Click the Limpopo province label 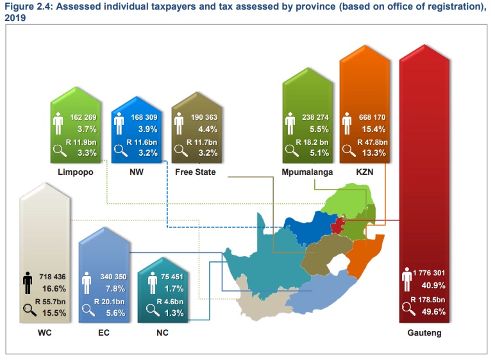coord(75,172)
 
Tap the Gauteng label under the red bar coord(424,333)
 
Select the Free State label coord(195,172)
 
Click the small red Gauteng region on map coord(338,225)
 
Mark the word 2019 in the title coord(17,17)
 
